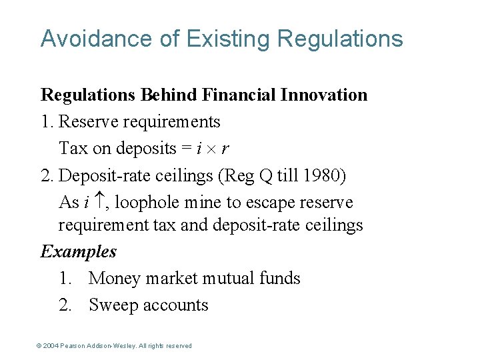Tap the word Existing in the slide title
click(x=228, y=39)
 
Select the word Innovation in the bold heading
click(x=324, y=95)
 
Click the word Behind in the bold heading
click(x=168, y=95)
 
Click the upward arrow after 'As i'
click(x=96, y=202)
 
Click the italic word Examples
click(x=79, y=251)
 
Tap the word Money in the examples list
click(x=115, y=278)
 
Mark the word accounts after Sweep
click(x=177, y=305)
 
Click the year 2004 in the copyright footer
click(x=51, y=346)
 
